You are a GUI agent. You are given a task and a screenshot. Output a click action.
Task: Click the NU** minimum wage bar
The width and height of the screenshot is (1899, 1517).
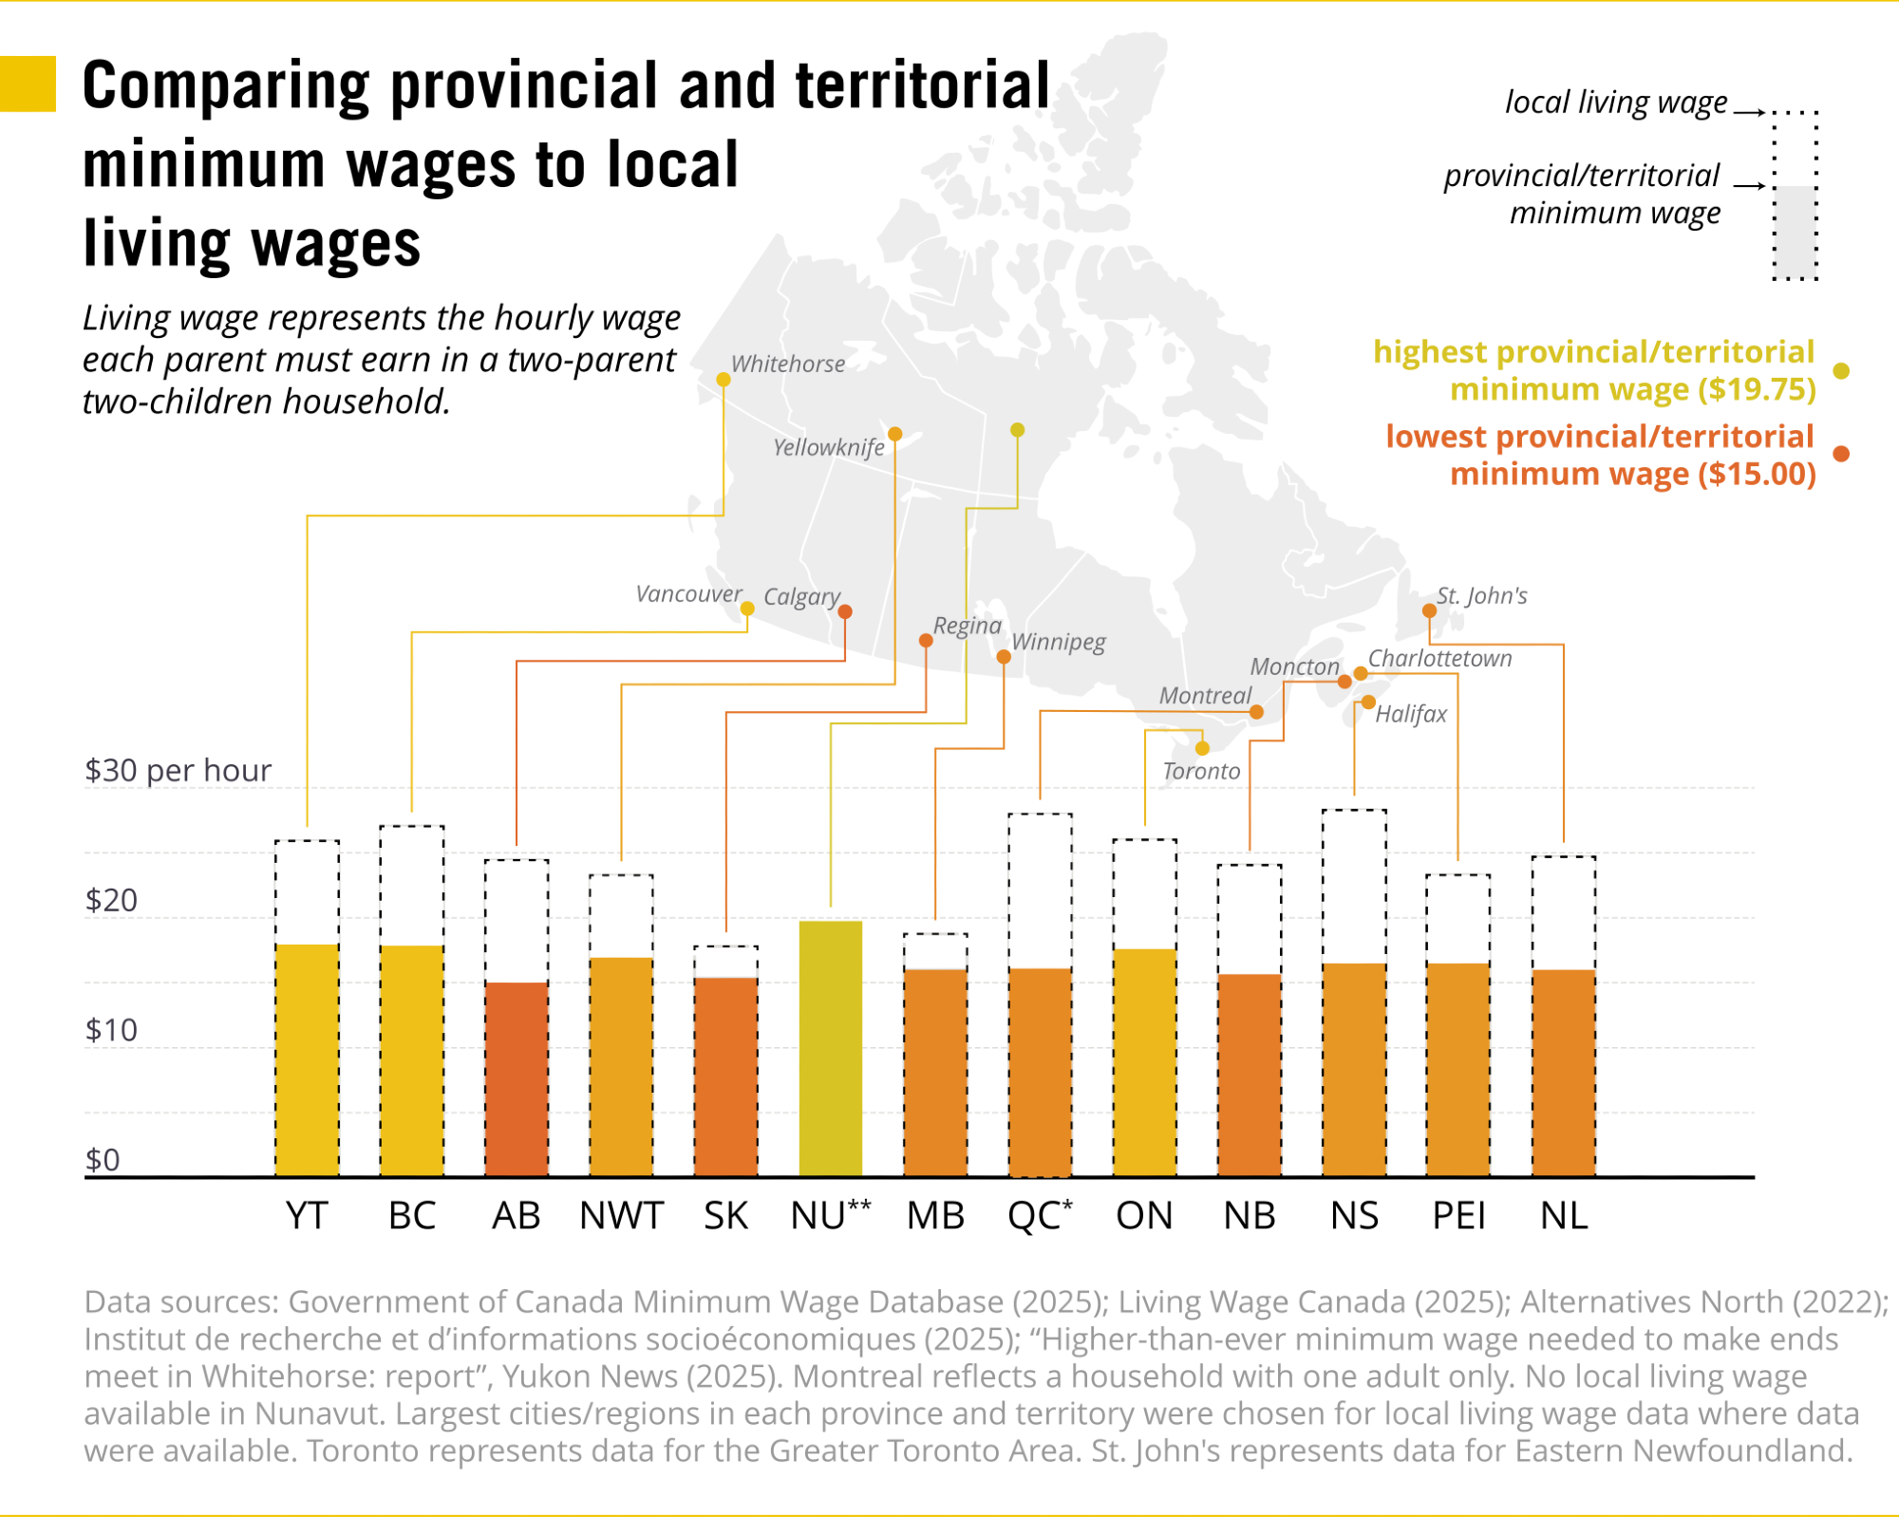[831, 1048]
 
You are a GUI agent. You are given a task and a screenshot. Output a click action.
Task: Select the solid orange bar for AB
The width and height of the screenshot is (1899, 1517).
[517, 1079]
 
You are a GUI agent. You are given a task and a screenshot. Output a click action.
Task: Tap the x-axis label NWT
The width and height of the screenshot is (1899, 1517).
[621, 1216]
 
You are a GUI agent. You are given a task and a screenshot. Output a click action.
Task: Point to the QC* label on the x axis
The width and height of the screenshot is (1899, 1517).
[1040, 1216]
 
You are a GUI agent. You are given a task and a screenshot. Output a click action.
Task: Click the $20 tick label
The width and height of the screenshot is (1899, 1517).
[111, 900]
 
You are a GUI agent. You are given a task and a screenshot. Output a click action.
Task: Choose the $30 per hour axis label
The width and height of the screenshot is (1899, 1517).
[178, 770]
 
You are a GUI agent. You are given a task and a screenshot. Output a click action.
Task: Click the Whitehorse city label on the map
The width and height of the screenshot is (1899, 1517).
[787, 365]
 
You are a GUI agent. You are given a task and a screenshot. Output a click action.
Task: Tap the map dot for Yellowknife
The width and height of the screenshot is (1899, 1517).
[894, 434]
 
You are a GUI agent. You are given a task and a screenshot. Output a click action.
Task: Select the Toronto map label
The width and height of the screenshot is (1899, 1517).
[1201, 771]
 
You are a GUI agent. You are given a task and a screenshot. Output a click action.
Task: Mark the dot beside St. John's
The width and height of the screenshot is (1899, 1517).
[1429, 610]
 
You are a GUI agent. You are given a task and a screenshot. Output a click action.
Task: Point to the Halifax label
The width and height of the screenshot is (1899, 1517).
[1411, 714]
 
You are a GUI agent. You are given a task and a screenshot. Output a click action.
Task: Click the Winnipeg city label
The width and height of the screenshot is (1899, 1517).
[1058, 642]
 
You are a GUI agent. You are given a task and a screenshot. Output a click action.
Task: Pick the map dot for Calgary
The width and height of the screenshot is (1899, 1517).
[845, 611]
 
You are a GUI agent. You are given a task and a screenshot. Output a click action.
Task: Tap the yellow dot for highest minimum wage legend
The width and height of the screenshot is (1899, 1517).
[1841, 371]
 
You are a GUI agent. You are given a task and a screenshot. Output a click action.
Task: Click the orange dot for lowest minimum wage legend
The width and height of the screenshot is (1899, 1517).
[1841, 454]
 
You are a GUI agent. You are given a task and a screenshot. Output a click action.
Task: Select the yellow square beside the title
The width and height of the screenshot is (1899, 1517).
[28, 84]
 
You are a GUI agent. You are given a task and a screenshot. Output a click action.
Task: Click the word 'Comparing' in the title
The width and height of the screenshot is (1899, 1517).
[226, 86]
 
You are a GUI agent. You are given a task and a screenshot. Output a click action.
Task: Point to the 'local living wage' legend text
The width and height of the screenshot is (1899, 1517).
[1615, 103]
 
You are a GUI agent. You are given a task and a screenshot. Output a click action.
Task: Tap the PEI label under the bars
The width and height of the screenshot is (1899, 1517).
[1458, 1216]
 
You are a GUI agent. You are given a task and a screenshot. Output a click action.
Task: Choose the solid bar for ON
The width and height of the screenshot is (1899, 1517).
[1144, 1063]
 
